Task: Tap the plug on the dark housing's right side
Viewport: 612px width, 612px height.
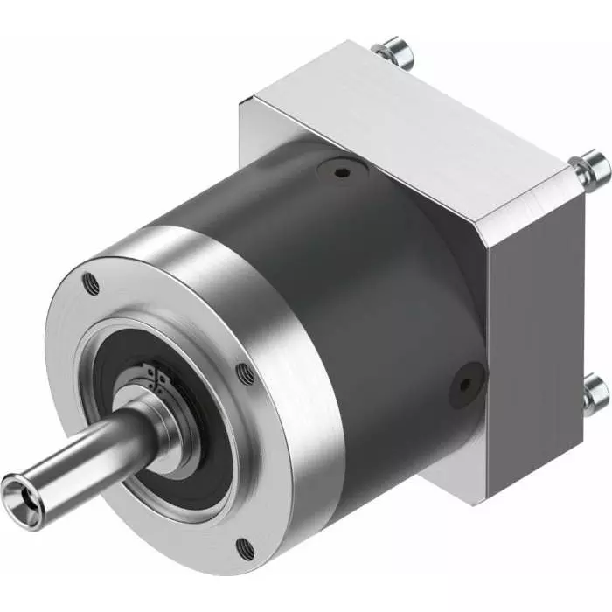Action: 463,382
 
